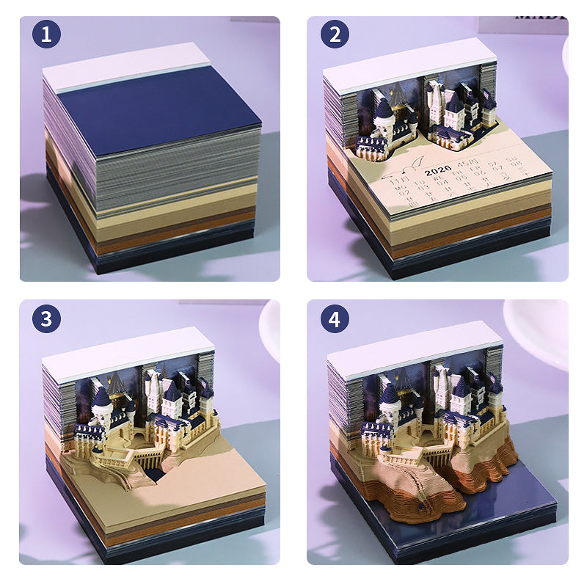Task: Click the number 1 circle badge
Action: point(46,33)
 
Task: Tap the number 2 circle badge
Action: point(334,33)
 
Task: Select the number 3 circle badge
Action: point(46,319)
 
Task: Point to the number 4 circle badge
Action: point(334,319)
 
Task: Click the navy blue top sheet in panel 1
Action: point(158,114)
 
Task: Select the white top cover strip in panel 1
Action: point(125,67)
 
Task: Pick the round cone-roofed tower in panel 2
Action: point(383,114)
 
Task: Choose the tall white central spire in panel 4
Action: point(443,385)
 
